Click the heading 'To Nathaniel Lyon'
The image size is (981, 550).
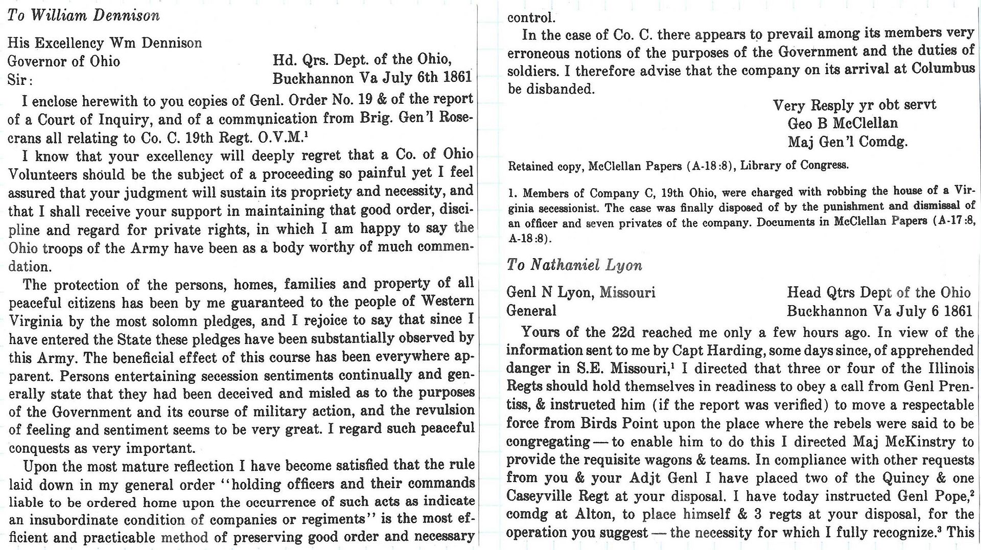(x=574, y=265)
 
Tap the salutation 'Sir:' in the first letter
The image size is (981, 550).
(x=20, y=80)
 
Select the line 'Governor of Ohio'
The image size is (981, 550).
(x=64, y=61)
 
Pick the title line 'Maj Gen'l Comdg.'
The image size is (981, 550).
(x=848, y=142)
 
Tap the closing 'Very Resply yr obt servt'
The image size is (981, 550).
(x=854, y=105)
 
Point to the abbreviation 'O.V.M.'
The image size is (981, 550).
(x=281, y=138)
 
